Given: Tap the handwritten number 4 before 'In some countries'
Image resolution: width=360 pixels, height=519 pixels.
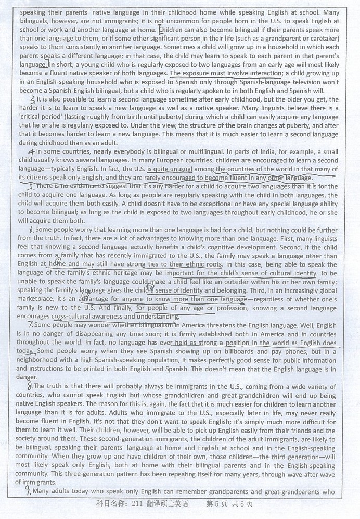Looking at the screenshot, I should click(31, 151).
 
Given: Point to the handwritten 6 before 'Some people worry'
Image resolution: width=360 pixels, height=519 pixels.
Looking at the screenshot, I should click(31, 230).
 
